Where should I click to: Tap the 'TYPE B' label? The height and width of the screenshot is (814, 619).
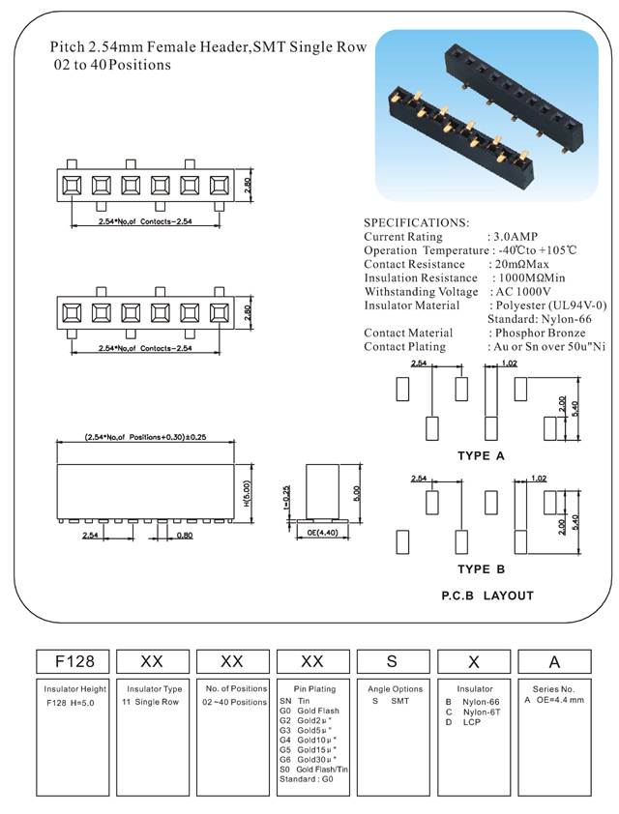[481, 568]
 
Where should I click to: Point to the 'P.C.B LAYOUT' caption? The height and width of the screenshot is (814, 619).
[486, 596]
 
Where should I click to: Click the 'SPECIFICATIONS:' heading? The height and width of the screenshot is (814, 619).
[417, 222]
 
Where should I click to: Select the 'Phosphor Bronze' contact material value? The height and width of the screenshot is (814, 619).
[539, 333]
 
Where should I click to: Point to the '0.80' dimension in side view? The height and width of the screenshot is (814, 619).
[184, 535]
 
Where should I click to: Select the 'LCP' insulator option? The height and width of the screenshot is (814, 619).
[472, 722]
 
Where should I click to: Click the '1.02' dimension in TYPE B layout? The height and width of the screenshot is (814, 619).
[540, 478]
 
